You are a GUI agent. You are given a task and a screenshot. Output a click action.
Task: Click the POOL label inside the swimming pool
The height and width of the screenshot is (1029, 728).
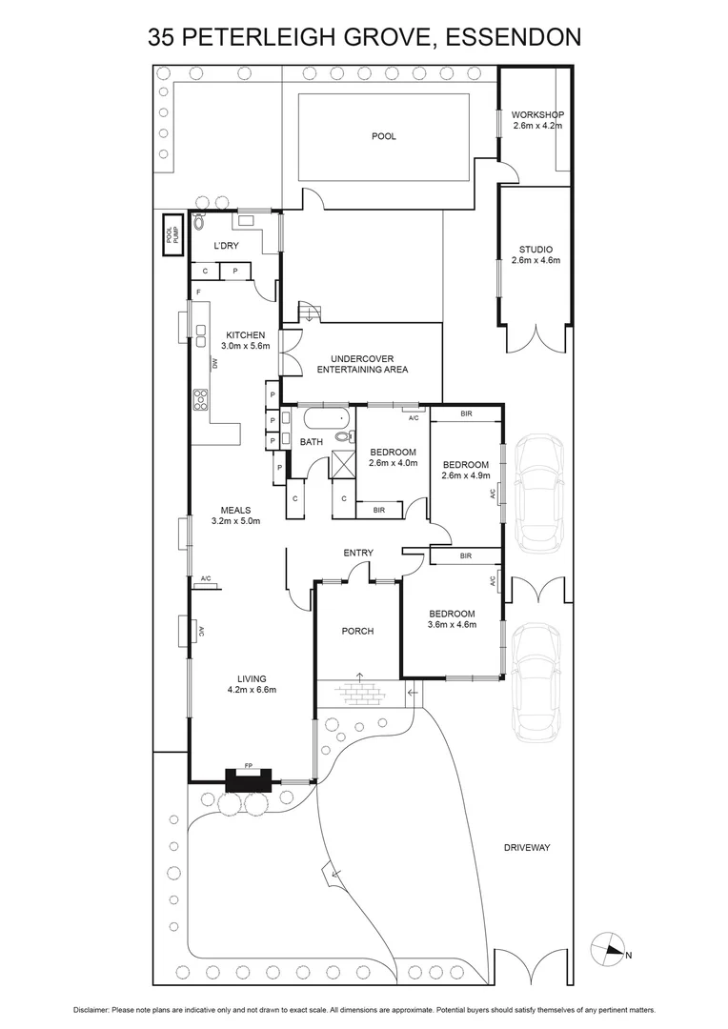pyautogui.click(x=383, y=136)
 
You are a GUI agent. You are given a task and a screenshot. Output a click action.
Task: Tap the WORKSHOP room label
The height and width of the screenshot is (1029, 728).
pyautogui.click(x=537, y=120)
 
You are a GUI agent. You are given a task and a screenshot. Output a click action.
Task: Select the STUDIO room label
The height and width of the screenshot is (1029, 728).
pyautogui.click(x=536, y=254)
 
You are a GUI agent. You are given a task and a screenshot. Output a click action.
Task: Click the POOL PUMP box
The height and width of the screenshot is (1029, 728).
pyautogui.click(x=171, y=234)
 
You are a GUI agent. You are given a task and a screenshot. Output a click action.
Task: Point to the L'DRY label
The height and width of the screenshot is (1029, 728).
pyautogui.click(x=226, y=246)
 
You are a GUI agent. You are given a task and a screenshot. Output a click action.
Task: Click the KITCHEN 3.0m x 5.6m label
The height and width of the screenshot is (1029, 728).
pyautogui.click(x=245, y=340)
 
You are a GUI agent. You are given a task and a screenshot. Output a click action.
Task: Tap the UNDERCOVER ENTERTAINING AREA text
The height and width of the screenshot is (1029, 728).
pyautogui.click(x=362, y=363)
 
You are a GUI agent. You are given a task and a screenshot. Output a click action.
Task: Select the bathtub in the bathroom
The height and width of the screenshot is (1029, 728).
pyautogui.click(x=325, y=419)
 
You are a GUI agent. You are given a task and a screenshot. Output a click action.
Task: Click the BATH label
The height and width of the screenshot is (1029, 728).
pyautogui.click(x=312, y=442)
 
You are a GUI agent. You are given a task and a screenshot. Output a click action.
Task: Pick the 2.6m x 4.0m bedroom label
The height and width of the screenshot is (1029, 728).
pyautogui.click(x=393, y=457)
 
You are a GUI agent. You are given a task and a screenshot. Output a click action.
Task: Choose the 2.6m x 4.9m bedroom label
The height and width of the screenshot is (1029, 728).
pyautogui.click(x=465, y=471)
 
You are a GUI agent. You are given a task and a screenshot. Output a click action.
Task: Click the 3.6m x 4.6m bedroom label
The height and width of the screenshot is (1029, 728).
pyautogui.click(x=452, y=619)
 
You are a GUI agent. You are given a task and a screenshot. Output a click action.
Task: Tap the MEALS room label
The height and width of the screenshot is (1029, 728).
pyautogui.click(x=235, y=515)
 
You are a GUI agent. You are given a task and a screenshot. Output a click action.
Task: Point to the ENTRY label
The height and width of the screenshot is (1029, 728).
pyautogui.click(x=358, y=553)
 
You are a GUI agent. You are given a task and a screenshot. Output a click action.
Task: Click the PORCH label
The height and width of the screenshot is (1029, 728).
pyautogui.click(x=357, y=631)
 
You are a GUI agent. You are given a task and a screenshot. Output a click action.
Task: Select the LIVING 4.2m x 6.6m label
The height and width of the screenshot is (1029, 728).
pyautogui.click(x=252, y=684)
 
